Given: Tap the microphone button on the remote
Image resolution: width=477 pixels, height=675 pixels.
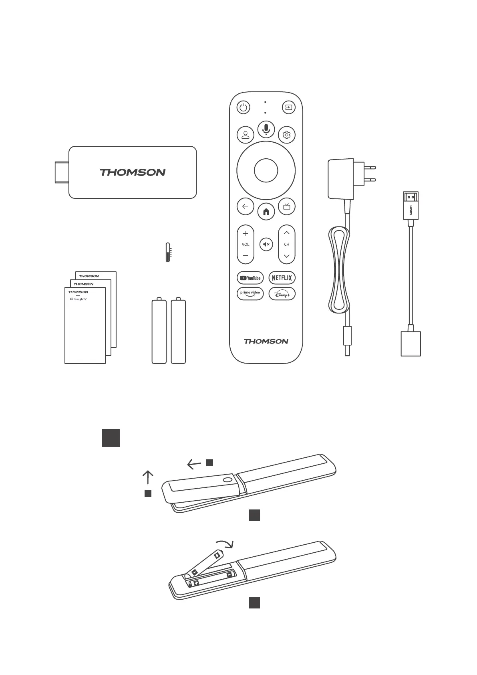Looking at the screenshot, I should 266,128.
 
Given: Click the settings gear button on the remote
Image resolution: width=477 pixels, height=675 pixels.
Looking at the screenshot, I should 286,135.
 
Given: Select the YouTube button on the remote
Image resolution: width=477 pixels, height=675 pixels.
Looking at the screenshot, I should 250,278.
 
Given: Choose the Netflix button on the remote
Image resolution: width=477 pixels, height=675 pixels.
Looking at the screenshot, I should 282,278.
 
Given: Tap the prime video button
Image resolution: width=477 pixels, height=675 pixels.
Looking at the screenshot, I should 250,293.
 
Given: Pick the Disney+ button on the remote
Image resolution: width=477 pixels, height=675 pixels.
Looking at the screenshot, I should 282,293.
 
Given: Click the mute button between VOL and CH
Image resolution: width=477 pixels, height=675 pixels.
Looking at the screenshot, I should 266,244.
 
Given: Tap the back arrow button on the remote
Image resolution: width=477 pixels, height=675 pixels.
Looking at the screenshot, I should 245,207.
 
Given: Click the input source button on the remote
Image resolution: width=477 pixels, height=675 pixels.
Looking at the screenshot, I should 288,107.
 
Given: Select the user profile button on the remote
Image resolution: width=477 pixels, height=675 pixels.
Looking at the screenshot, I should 245,135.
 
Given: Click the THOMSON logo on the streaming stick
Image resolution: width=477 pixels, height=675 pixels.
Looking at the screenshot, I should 132,172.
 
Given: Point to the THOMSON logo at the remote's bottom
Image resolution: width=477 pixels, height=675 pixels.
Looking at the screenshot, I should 266,342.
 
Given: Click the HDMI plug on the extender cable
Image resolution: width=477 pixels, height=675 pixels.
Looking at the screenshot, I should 411,206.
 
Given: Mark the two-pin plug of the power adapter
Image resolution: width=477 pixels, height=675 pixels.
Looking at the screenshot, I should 370,174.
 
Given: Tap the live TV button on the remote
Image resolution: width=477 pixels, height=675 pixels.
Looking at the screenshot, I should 287,207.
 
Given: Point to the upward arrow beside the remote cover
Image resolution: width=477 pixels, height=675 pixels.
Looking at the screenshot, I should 148,477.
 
